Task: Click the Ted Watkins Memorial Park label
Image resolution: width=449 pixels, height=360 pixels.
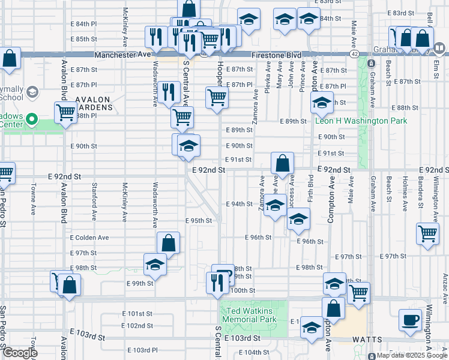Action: [x=249, y=315]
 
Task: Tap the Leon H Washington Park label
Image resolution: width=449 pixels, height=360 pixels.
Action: [x=361, y=121]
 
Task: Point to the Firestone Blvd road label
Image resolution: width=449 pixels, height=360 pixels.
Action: [x=276, y=55]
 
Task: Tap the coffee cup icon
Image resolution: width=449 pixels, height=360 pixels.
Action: [x=412, y=319]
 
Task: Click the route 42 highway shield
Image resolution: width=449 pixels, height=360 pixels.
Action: [x=355, y=54]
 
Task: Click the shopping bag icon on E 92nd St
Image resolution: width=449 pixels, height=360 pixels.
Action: [x=282, y=163]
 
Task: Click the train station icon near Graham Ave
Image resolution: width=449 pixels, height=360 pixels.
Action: [x=371, y=63]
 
